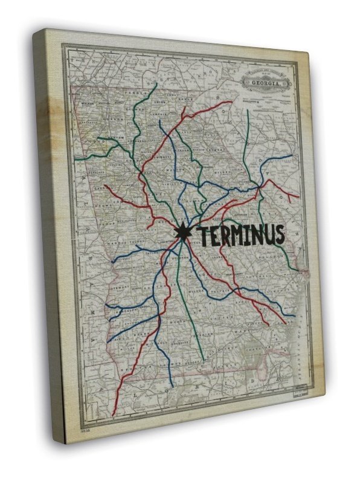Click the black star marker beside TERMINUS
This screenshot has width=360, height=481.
(x=181, y=231)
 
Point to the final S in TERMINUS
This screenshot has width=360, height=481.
(x=278, y=236)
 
